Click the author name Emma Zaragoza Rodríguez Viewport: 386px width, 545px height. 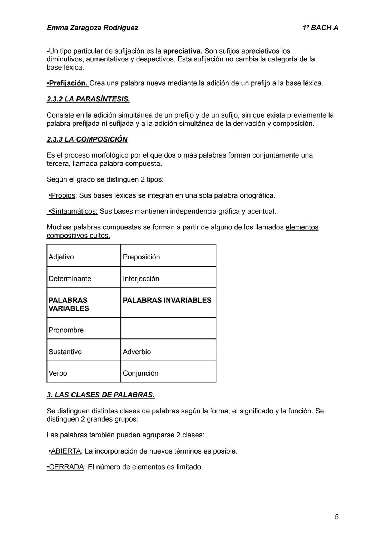click(x=92, y=28)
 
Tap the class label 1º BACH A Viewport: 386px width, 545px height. click(x=320, y=28)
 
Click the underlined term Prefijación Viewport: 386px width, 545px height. click(x=68, y=83)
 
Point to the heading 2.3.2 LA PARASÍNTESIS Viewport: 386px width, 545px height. click(x=88, y=99)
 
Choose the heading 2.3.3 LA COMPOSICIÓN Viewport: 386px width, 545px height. click(x=87, y=139)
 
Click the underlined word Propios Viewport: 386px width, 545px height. click(x=63, y=196)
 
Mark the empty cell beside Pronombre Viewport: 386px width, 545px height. click(x=168, y=328)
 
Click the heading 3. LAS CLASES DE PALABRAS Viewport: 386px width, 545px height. click(x=100, y=395)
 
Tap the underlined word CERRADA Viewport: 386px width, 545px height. click(x=66, y=467)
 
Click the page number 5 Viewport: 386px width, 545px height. click(x=337, y=517)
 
